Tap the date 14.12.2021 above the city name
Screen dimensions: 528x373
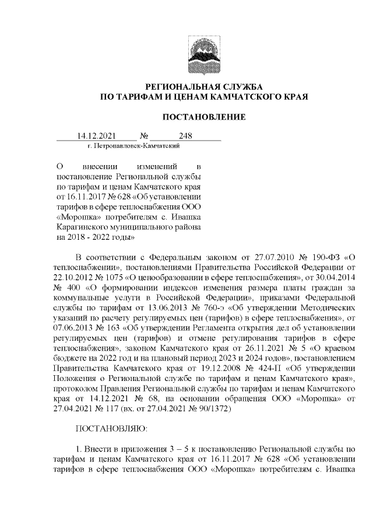[97, 137]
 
